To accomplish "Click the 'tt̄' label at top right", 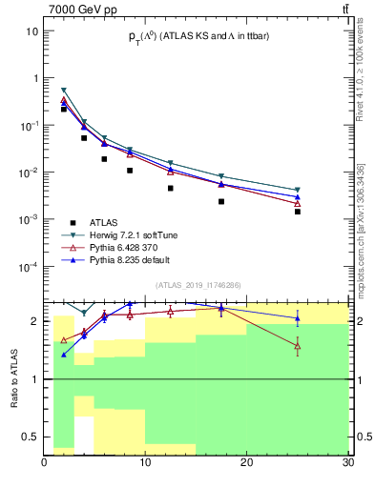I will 344,9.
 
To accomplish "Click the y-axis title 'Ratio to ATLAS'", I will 14,378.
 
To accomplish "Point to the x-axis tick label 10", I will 145,463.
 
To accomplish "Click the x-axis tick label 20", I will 246,463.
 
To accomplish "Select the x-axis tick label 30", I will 347,463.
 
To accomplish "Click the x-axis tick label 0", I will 44,463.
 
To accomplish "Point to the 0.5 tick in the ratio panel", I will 29,437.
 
